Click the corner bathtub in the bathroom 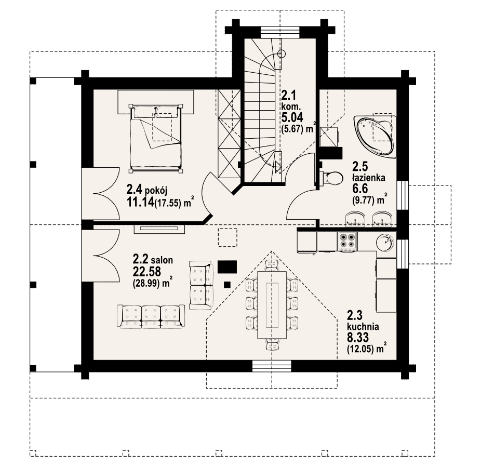click(375, 137)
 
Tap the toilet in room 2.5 click(331, 178)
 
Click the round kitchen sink click(384, 243)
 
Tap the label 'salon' click(162, 260)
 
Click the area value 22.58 click(147, 272)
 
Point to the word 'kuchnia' click(363, 326)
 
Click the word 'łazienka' click(369, 178)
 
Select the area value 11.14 click(140, 202)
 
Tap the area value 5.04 click(292, 117)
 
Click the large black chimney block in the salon click(227, 267)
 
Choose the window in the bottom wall click(272, 366)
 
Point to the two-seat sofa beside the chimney click(201, 285)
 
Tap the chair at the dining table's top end click(272, 264)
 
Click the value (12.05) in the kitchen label click(362, 349)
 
